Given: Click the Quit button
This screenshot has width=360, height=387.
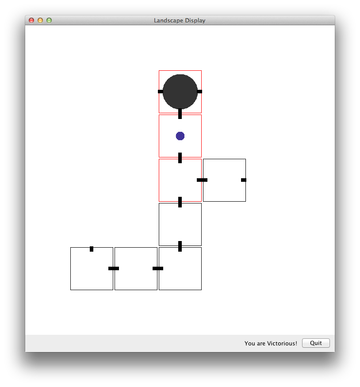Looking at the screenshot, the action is [316, 343].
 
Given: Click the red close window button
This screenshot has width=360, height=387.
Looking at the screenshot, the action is [31, 20].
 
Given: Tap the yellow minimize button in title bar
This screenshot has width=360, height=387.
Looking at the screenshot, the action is [40, 20].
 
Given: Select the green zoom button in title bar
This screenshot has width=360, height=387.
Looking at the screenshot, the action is [49, 20].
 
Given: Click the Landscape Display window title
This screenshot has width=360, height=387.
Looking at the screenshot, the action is [180, 20].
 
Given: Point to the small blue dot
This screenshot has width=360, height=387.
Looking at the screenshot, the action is [180, 136].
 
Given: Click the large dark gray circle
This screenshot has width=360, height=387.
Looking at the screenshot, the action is [180, 92].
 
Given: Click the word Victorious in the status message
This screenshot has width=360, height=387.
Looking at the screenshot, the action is [282, 343].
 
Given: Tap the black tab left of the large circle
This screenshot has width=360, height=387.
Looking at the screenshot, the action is [161, 92].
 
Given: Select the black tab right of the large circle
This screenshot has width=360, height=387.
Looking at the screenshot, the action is [199, 92].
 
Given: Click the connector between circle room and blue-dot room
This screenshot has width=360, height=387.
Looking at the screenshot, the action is [180, 114].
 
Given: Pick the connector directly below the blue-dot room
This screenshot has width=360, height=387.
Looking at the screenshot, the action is [180, 158].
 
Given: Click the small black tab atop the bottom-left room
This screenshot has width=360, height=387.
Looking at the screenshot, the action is [92, 249].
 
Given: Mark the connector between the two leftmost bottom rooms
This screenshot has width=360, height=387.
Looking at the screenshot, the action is [114, 268].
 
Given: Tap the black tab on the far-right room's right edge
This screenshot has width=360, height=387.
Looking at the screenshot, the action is [244, 180].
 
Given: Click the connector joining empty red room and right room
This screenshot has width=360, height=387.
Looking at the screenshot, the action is [202, 180].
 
